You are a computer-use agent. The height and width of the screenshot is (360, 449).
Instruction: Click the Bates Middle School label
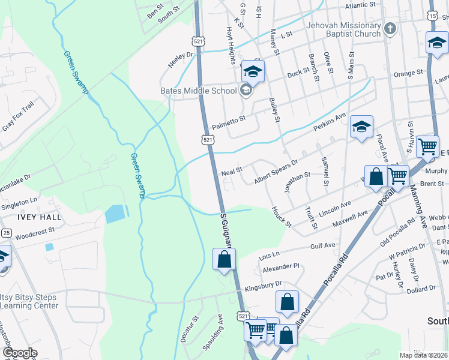pos(198,91)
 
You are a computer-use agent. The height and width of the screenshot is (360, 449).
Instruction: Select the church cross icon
pos(390,28)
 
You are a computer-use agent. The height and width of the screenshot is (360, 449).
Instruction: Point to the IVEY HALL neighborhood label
pos(23,217)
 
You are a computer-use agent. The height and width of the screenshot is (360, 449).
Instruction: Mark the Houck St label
pos(281,217)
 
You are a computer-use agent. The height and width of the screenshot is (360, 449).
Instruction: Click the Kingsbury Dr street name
pos(264,284)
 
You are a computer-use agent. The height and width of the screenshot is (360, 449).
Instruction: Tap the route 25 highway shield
pos(5,232)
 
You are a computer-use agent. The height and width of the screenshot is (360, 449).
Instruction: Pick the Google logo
pos(20,353)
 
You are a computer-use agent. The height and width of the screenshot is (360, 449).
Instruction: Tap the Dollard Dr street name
pos(420,289)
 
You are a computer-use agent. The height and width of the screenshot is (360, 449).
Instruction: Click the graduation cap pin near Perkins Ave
pos(361,127)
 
